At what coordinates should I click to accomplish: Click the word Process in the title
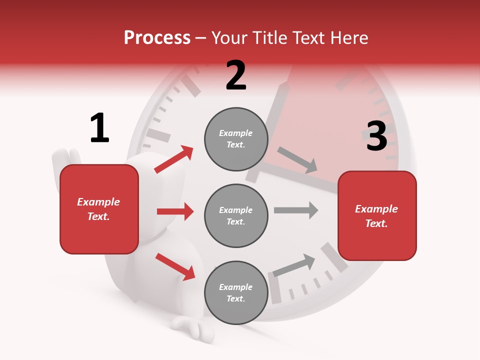tap(157, 38)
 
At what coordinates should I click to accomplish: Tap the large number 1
tap(99, 128)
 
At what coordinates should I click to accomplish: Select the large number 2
tap(236, 75)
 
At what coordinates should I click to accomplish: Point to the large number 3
tap(376, 136)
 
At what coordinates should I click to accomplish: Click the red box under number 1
tap(99, 209)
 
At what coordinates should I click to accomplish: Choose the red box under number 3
tap(377, 215)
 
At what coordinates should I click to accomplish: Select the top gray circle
tap(236, 139)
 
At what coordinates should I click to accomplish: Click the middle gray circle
tap(236, 215)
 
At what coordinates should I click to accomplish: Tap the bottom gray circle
tap(236, 292)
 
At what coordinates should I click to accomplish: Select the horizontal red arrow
tap(175, 211)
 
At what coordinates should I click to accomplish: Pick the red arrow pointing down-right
tap(175, 266)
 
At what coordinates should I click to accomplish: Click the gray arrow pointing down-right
tap(297, 160)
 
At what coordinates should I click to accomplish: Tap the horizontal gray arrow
tap(296, 210)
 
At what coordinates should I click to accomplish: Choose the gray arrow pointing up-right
tap(294, 265)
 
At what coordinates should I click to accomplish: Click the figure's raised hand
tap(65, 160)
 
